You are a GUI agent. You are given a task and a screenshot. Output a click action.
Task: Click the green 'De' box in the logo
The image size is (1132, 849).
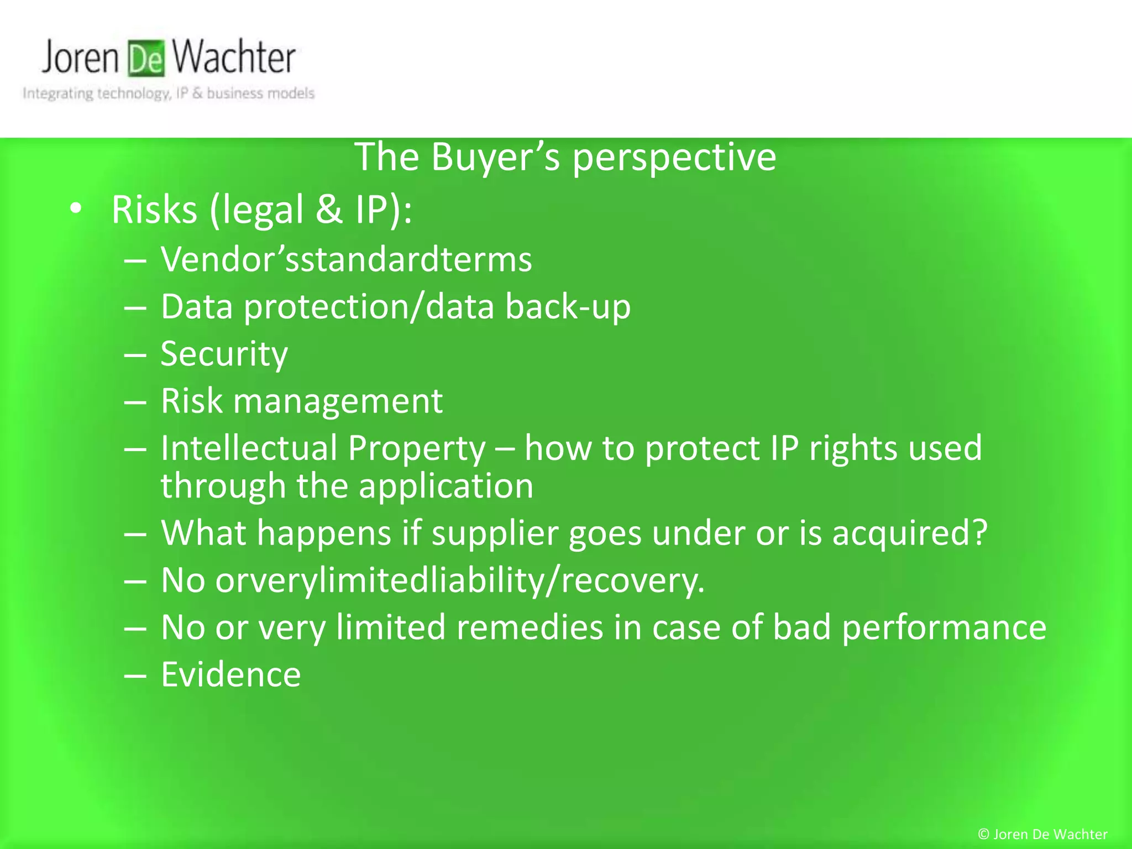coord(146,59)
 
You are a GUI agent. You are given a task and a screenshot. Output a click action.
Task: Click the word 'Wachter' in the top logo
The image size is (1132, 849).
coord(233,57)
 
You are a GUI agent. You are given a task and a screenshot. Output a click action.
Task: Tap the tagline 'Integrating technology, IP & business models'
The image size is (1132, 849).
coord(169,93)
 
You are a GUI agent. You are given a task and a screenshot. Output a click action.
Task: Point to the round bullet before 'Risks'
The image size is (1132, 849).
coord(76,209)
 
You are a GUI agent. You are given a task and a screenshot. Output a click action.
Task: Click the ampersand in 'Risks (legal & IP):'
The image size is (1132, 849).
coord(329,209)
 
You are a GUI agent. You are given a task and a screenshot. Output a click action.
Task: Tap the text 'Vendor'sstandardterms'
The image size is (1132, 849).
coord(346,259)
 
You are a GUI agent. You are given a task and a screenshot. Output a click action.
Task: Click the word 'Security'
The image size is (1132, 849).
coord(224,354)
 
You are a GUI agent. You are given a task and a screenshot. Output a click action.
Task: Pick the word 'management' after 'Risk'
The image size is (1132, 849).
coord(338,401)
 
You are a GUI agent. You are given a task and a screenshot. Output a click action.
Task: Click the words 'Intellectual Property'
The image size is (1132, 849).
coord(323,448)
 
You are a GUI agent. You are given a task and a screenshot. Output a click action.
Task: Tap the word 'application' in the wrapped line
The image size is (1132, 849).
coord(446,486)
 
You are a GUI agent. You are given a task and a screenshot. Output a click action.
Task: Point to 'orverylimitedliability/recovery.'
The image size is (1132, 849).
coord(460,581)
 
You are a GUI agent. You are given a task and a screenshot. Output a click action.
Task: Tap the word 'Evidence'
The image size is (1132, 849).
coord(230,675)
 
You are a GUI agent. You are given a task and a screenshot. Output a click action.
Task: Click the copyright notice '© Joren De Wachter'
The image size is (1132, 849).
coord(1042,834)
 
